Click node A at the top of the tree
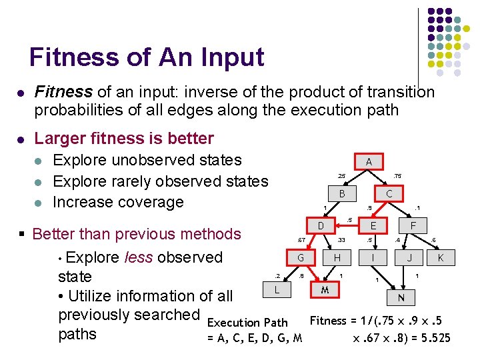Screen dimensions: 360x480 [369, 161]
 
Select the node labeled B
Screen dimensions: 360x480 [341, 194]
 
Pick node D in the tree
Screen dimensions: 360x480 [320, 227]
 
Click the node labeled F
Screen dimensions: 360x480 [413, 227]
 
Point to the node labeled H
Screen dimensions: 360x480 [337, 258]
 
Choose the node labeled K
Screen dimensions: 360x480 [441, 258]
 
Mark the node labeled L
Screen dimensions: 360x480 [277, 290]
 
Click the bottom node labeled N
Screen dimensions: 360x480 [401, 297]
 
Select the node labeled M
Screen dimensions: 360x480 [325, 290]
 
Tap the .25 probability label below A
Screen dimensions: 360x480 [341, 176]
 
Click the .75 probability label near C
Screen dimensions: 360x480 [397, 176]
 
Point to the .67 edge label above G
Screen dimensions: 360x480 [301, 241]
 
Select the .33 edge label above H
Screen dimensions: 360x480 [341, 241]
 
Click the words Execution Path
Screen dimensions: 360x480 [248, 323]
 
